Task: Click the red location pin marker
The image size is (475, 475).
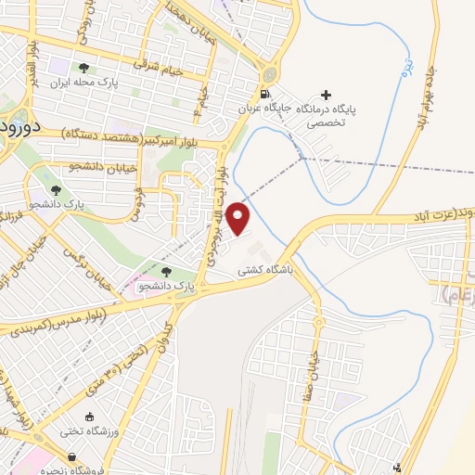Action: click(239, 218)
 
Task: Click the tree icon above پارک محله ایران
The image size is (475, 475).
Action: click(84, 68)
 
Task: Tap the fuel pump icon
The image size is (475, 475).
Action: click(266, 94)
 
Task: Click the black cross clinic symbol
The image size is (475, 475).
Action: click(325, 94)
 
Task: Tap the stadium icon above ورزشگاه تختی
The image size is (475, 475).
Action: click(90, 417)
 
